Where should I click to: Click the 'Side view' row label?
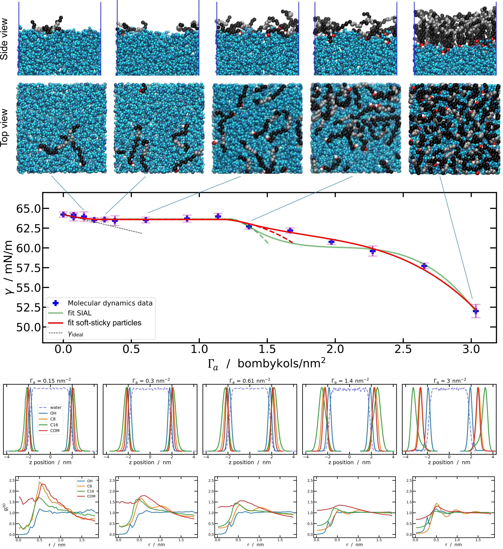pyautogui.click(x=4, y=39)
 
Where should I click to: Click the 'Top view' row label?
pyautogui.click(x=4, y=128)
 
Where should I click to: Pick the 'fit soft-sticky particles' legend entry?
pyautogui.click(x=104, y=323)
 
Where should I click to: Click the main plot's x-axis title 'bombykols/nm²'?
pyautogui.click(x=281, y=364)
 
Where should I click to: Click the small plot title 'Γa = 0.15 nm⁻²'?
pyautogui.click(x=50, y=381)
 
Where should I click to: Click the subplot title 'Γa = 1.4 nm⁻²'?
pyautogui.click(x=350, y=381)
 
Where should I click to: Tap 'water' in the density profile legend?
pyautogui.click(x=56, y=407)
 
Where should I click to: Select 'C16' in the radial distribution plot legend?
pyautogui.click(x=90, y=491)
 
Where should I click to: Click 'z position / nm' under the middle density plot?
pyautogui.click(x=250, y=462)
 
